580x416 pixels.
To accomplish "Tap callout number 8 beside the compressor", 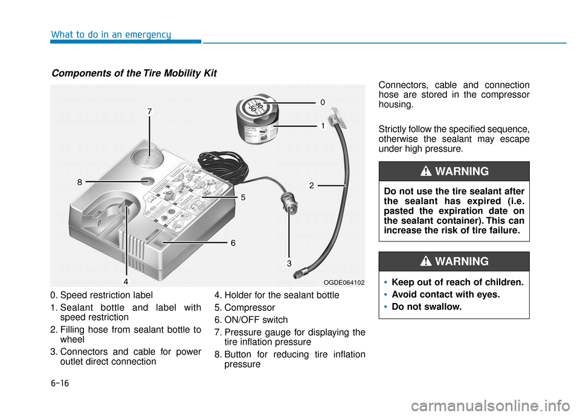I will coord(79,181).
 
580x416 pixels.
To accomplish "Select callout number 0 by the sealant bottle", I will coord(323,103).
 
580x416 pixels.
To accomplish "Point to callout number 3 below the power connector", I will coord(289,263).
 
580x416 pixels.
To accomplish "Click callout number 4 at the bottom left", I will coord(126,281).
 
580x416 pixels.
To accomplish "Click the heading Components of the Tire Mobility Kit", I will coord(134,73).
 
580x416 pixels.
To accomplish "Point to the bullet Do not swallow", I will coord(427,307).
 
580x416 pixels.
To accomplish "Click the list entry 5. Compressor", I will coord(245,307).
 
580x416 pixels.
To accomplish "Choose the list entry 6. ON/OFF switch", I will coord(251,319).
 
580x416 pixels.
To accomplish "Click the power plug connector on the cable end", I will coord(289,209).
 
